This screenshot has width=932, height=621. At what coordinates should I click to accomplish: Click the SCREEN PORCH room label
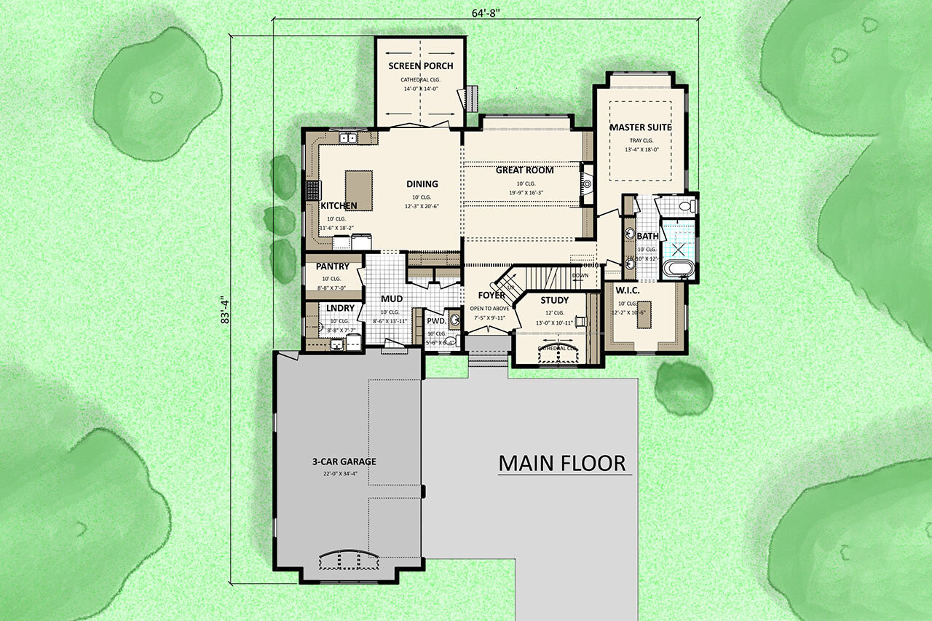pos(421,66)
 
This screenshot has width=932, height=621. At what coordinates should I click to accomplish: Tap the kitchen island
pos(358,190)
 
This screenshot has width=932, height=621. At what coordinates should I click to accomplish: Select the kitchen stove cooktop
pos(313,191)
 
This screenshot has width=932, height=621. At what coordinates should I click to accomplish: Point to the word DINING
pos(422,184)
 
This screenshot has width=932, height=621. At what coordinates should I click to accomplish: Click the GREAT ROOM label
pos(524,170)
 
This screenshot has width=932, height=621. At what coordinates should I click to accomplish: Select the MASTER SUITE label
pos(640,127)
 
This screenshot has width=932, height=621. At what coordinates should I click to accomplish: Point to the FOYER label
pos(491,296)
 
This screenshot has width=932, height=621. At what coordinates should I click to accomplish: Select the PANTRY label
pos(332,266)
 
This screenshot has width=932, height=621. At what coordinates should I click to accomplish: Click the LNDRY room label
pos(340,308)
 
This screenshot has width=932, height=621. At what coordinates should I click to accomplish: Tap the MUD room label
pos(392,299)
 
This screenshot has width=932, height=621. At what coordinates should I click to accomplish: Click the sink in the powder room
pos(455,319)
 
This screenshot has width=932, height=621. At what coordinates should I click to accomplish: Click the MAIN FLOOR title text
pos(561,463)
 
